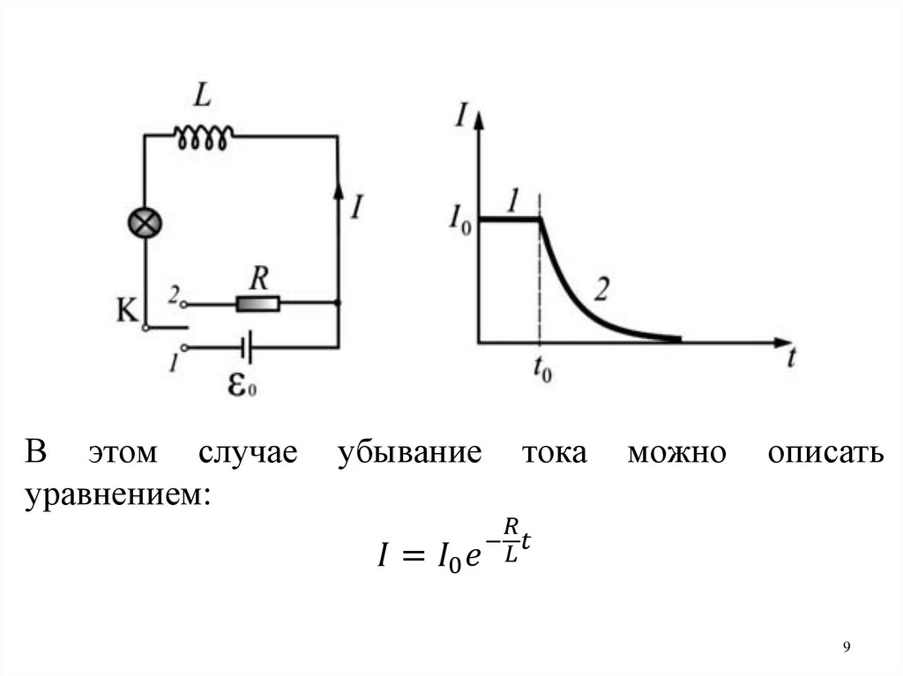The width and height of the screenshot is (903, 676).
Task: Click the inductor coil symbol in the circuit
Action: point(204,136)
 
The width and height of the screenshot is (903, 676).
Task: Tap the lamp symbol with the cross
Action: point(144,223)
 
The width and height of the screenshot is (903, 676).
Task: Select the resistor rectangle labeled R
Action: point(257,304)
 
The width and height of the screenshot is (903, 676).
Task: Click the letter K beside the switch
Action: point(126,309)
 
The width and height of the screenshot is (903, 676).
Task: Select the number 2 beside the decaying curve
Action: point(603,287)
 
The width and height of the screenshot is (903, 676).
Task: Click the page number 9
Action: point(847,648)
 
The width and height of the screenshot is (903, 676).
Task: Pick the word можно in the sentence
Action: point(676,452)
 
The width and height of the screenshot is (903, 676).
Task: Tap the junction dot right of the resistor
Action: point(338,303)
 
